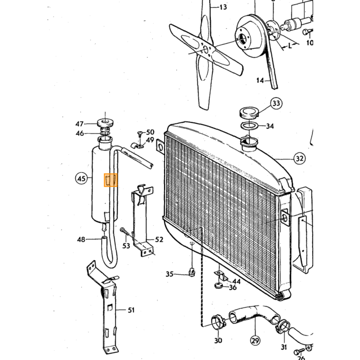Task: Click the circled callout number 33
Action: click(x=276, y=103)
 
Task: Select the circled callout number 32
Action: click(x=299, y=158)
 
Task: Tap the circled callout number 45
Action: click(x=81, y=178)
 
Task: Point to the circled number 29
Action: click(x=255, y=340)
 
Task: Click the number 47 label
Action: click(x=79, y=124)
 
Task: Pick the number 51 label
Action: click(x=131, y=310)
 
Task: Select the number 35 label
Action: click(x=169, y=274)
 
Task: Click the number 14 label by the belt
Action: click(x=260, y=80)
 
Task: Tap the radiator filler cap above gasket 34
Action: click(x=249, y=114)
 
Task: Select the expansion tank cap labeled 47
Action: click(x=105, y=122)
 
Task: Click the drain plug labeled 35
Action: click(x=192, y=273)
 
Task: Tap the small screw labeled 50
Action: click(x=139, y=133)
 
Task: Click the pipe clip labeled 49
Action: click(x=137, y=146)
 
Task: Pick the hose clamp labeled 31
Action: click(x=283, y=326)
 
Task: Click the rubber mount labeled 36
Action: click(x=219, y=285)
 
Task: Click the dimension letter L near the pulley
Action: click(x=290, y=45)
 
